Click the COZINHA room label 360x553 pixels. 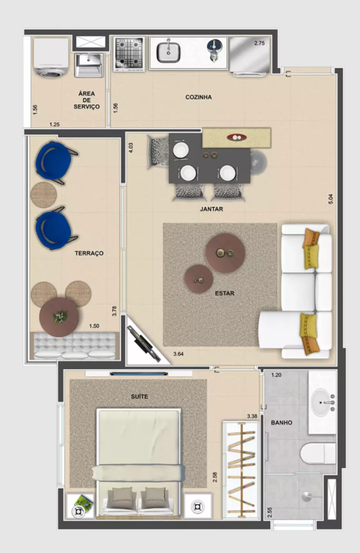(198, 97)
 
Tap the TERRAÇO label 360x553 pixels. (89, 253)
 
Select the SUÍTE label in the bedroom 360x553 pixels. (140, 397)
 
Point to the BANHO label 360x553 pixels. (282, 423)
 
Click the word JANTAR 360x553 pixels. (211, 209)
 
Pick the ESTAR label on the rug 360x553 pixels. (225, 293)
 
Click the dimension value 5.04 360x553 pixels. (330, 199)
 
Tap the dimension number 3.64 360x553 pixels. (178, 354)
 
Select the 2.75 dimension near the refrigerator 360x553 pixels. (259, 43)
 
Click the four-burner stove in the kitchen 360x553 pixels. (129, 53)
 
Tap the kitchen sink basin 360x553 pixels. (168, 53)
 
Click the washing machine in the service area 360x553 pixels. (51, 57)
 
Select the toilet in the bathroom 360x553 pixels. (318, 454)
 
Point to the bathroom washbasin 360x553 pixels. (322, 402)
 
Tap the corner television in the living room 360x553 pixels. (143, 345)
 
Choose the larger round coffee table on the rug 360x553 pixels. (225, 253)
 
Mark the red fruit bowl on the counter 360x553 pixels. (236, 138)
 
